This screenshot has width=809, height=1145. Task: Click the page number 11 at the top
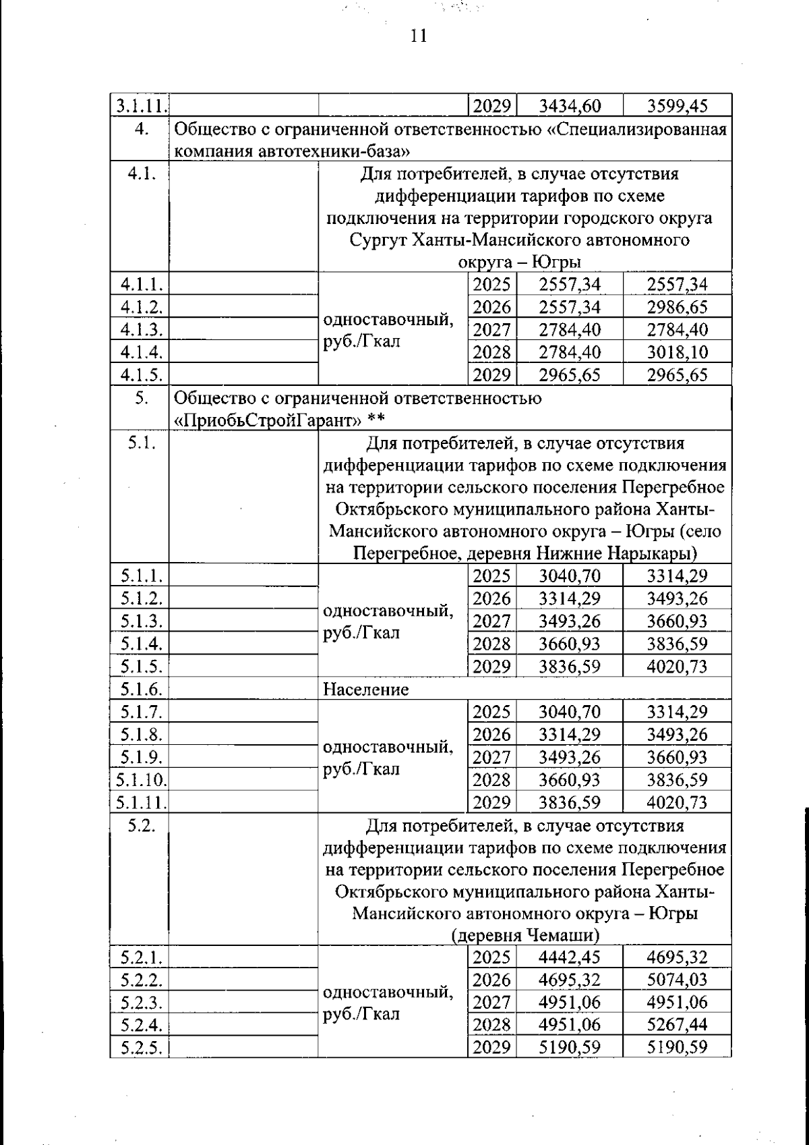[x=419, y=36]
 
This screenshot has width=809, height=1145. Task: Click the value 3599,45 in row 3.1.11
[x=677, y=106]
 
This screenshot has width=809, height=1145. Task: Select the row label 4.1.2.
[x=140, y=307]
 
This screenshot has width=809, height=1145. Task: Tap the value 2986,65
[x=677, y=307]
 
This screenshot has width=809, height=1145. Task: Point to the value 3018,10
[x=677, y=352]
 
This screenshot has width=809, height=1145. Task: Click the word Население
[x=366, y=690]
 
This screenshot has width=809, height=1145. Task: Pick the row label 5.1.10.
[x=140, y=780]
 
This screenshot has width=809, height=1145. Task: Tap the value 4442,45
[x=570, y=957]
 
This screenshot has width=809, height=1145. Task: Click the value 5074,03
[x=677, y=979]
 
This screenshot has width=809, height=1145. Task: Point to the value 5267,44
[x=677, y=1024]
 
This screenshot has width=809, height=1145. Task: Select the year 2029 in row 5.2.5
[x=491, y=1047]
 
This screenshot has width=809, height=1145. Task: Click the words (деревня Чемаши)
[x=526, y=936]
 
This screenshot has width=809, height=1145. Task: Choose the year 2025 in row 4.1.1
[x=491, y=284]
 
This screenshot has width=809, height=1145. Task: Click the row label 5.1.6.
[x=140, y=690]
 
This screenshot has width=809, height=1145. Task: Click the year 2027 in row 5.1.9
[x=491, y=757]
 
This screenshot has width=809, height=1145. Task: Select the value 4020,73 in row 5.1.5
[x=677, y=667]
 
